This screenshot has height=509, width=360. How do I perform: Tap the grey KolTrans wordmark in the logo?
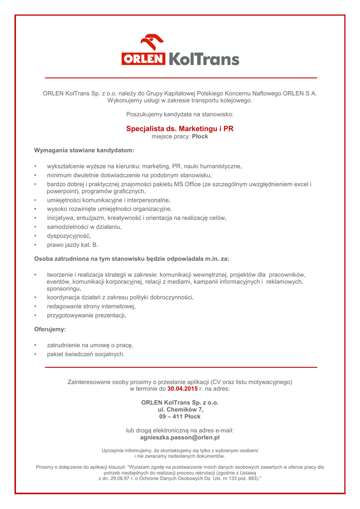203,60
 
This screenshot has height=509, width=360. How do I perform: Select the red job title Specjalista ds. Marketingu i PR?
180,129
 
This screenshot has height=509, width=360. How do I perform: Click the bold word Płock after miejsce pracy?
200,137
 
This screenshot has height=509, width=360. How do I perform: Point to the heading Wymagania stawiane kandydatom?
84,150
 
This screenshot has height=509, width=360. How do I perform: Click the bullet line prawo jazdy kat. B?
73,245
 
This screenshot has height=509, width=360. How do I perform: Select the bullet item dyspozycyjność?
69,236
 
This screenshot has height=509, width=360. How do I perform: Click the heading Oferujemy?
50,329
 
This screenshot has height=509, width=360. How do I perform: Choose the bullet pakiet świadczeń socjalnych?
86,354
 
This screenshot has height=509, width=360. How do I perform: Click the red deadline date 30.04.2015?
182,389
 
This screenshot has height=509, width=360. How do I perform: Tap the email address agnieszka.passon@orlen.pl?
180,438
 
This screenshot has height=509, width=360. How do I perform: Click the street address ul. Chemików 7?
180,410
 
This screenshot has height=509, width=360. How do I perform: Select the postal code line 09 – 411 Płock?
180,417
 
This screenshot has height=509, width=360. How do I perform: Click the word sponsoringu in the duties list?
64,288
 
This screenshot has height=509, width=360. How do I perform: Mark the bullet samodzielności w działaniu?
84,227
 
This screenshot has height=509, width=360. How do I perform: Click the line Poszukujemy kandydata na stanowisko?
180,115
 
